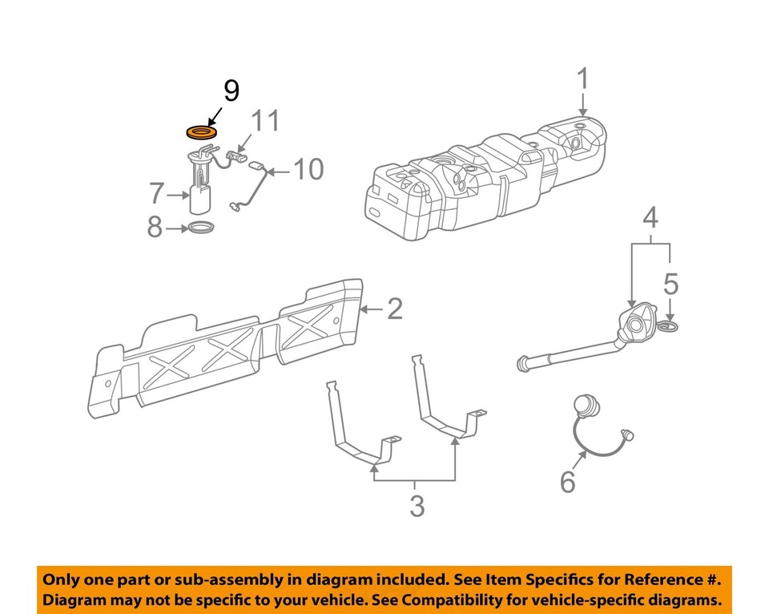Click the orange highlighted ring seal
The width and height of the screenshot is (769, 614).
point(202,131)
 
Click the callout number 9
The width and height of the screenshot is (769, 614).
point(230,91)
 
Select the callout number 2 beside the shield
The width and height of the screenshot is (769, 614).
point(394,309)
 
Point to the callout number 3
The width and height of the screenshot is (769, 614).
point(416,507)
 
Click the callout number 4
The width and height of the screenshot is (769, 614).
point(650,217)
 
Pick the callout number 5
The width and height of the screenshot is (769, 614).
point(670,283)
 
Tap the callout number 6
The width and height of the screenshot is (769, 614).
point(566,482)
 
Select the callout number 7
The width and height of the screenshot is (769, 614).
point(156,193)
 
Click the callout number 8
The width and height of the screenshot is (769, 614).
point(154,228)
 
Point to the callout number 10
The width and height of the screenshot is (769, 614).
point(308,170)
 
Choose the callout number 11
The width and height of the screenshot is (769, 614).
point(267,121)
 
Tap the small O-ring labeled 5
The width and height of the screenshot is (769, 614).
point(668,326)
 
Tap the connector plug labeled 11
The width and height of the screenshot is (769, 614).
point(237,152)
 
